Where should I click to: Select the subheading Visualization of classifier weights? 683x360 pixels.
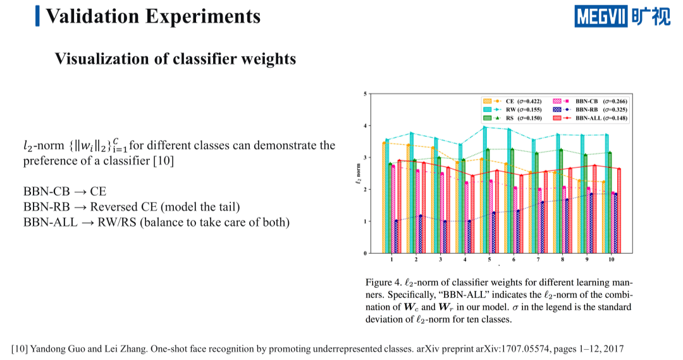pos(175,59)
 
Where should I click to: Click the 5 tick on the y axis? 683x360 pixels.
pos(365,94)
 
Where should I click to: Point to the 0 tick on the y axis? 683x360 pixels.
pos(365,253)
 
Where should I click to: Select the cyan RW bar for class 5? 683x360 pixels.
pos(485,190)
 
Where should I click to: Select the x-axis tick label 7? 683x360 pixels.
pos(538,260)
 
